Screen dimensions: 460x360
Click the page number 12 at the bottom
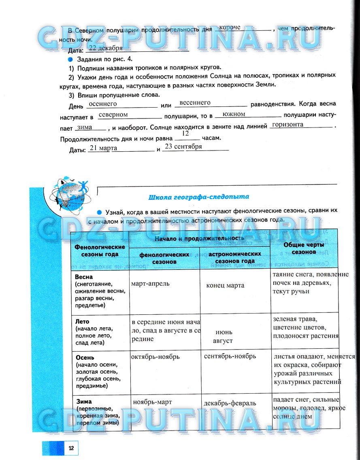pos(71,448)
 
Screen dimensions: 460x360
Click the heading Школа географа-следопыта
pos(199,197)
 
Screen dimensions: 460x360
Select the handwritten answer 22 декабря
pos(105,48)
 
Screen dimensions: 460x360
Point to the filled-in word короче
pos(230,28)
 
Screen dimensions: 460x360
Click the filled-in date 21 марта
pos(103,148)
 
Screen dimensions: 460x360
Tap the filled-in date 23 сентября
pos(183,146)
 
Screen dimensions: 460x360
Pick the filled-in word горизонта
pos(288,125)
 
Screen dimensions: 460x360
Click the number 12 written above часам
pos(185,133)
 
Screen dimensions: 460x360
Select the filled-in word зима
pos(84,127)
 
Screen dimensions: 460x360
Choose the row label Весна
pos(84,277)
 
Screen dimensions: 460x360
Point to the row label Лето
pos(83,322)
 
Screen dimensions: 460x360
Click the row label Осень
pos(85,358)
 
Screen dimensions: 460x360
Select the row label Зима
pos(83,402)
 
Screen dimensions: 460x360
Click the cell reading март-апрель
pos(150,283)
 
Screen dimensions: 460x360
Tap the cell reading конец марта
pos(225,285)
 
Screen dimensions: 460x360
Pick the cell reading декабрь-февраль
pos(230,403)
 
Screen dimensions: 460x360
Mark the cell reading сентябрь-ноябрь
pos(230,356)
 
